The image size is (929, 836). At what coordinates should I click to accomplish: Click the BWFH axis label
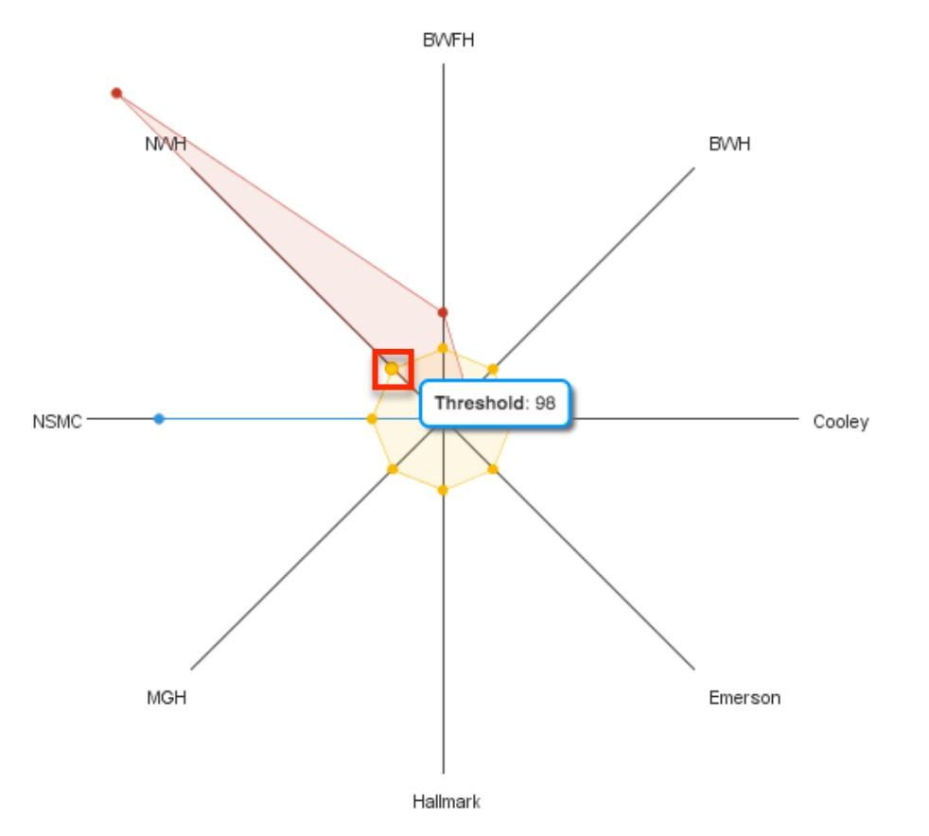tap(447, 41)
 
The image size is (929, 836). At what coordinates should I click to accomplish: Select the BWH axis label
tap(729, 144)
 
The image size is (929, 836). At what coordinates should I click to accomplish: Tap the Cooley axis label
tap(841, 422)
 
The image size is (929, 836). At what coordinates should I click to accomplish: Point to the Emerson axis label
tap(745, 698)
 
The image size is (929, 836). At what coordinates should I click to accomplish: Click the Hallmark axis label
tap(447, 802)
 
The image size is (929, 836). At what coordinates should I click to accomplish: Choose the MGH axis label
tap(167, 698)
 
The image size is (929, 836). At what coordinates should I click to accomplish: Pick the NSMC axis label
tap(57, 422)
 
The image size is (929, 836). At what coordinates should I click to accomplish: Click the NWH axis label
tap(166, 144)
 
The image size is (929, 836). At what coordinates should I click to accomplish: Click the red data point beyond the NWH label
tap(116, 93)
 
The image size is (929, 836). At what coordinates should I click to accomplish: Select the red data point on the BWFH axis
tap(443, 312)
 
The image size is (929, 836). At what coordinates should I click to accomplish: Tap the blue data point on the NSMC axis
tap(159, 419)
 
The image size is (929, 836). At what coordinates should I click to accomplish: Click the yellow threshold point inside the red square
tap(392, 369)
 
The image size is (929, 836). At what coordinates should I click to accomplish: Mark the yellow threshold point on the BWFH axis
tap(443, 347)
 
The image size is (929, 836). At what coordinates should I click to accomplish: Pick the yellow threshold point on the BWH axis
tap(493, 369)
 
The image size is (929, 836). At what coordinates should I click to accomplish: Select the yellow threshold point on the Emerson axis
tap(493, 469)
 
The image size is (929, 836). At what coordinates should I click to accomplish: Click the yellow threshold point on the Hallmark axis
tap(443, 490)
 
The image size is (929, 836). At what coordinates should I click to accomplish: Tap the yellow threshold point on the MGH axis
tap(393, 469)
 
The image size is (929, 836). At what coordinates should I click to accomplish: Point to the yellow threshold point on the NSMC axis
tap(372, 419)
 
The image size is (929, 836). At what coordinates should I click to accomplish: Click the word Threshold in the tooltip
tap(480, 403)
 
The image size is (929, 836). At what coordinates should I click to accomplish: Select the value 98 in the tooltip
tap(545, 403)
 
